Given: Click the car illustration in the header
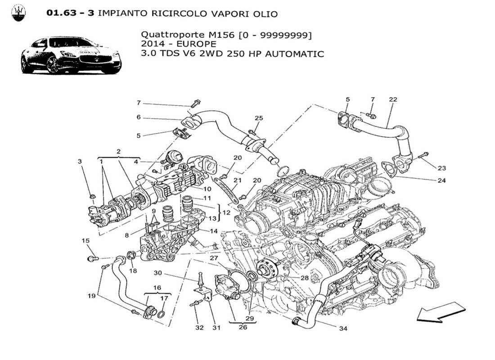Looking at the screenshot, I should [x=71, y=56].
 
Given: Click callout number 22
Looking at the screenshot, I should [x=393, y=99].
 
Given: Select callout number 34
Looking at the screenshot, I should [x=343, y=328].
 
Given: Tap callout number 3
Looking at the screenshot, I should [x=80, y=161].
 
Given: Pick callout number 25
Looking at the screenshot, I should [x=259, y=118].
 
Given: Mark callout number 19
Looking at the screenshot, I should [x=92, y=296].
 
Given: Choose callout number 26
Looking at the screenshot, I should [x=243, y=327].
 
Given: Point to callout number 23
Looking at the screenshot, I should [x=442, y=168].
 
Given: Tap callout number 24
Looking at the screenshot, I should [x=442, y=181].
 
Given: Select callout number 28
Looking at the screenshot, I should [x=305, y=278].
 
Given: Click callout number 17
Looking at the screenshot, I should [x=164, y=298].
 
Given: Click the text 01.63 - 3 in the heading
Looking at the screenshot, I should [x=70, y=13].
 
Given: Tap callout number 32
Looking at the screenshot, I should [x=199, y=327].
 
